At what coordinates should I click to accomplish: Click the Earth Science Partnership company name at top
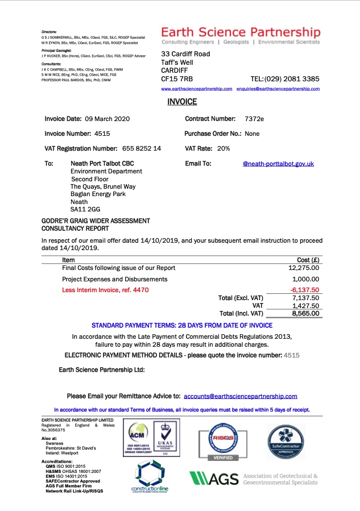coord(241,32)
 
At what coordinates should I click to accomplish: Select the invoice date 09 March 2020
coord(107,119)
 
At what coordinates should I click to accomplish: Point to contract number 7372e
coord(254,119)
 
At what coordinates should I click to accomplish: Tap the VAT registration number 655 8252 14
coord(142,148)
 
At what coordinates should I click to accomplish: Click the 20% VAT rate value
coord(224,148)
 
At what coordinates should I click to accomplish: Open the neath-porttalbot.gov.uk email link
coord(278,164)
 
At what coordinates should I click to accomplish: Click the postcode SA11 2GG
coord(81,209)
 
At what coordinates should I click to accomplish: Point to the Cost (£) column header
coord(308,260)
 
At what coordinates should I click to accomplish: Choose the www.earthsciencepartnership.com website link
coord(197,89)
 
